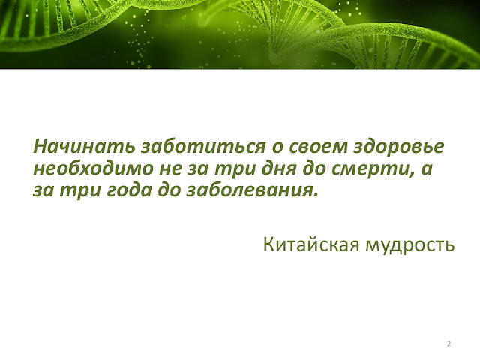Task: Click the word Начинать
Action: click(84, 146)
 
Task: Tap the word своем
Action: click(318, 148)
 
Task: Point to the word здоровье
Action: click(399, 147)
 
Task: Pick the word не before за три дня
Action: click(170, 169)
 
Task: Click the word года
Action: click(128, 191)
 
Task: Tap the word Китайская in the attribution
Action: click(311, 244)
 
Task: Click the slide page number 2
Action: click(449, 343)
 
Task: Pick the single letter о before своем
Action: click(277, 148)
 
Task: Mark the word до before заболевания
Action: click(169, 190)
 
